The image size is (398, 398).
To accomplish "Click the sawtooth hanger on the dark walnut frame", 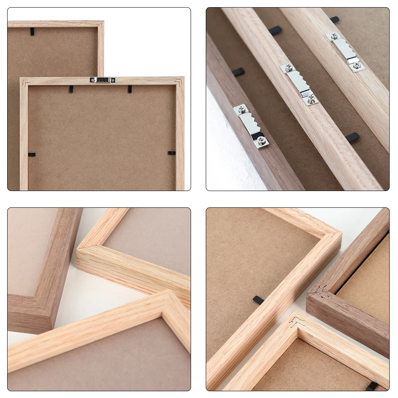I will tap(251, 126).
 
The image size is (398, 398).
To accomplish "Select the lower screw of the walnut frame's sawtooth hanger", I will tap(261, 140).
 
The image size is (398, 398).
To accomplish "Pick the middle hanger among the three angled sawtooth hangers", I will tap(299, 84).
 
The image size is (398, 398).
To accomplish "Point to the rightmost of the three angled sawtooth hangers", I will tap(345, 51).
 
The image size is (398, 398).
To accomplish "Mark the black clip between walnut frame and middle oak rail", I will tap(238, 72).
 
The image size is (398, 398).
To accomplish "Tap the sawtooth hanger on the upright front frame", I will tap(102, 80).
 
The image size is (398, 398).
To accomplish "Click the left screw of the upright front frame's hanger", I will tap(93, 80).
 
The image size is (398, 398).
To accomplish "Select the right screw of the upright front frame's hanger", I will tap(112, 80).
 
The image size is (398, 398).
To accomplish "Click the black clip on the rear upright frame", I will tap(32, 31).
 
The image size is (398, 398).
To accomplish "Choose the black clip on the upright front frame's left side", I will tap(31, 154).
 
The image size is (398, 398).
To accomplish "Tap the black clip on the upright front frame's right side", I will tap(172, 153).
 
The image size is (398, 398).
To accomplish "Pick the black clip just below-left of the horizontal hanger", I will tap(71, 90).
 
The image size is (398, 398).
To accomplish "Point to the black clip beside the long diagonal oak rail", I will tap(258, 300).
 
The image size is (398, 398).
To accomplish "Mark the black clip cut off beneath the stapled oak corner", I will tap(372, 386).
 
